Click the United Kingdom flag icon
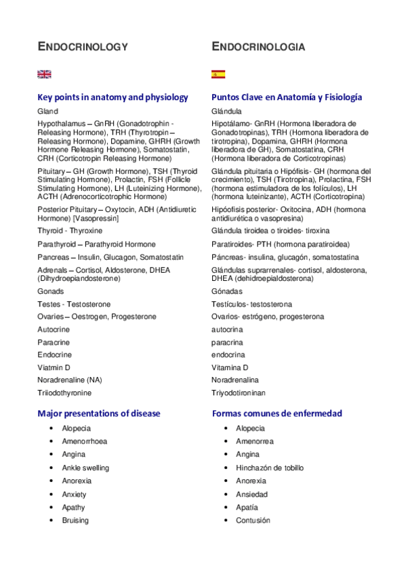pyautogui.click(x=44, y=74)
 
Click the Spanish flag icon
pyautogui.click(x=218, y=74)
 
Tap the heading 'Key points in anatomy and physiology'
pyautogui.click(x=113, y=97)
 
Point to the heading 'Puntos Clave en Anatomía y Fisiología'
pyautogui.click(x=287, y=97)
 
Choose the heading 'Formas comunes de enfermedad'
pyautogui.click(x=277, y=413)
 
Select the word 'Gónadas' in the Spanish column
pyautogui.click(x=226, y=291)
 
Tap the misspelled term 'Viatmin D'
pyautogui.click(x=54, y=368)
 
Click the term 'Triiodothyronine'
pyautogui.click(x=64, y=393)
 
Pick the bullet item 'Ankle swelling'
pyautogui.click(x=85, y=468)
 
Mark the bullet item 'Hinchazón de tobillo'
pyautogui.click(x=270, y=468)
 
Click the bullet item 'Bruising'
pyautogui.click(x=75, y=521)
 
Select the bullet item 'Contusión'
pyautogui.click(x=253, y=521)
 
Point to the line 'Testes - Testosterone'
pyautogui.click(x=74, y=304)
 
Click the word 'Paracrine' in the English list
pyautogui.click(x=54, y=343)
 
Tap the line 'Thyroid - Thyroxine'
pyautogui.click(x=70, y=231)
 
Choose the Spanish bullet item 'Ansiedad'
pyautogui.click(x=251, y=494)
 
